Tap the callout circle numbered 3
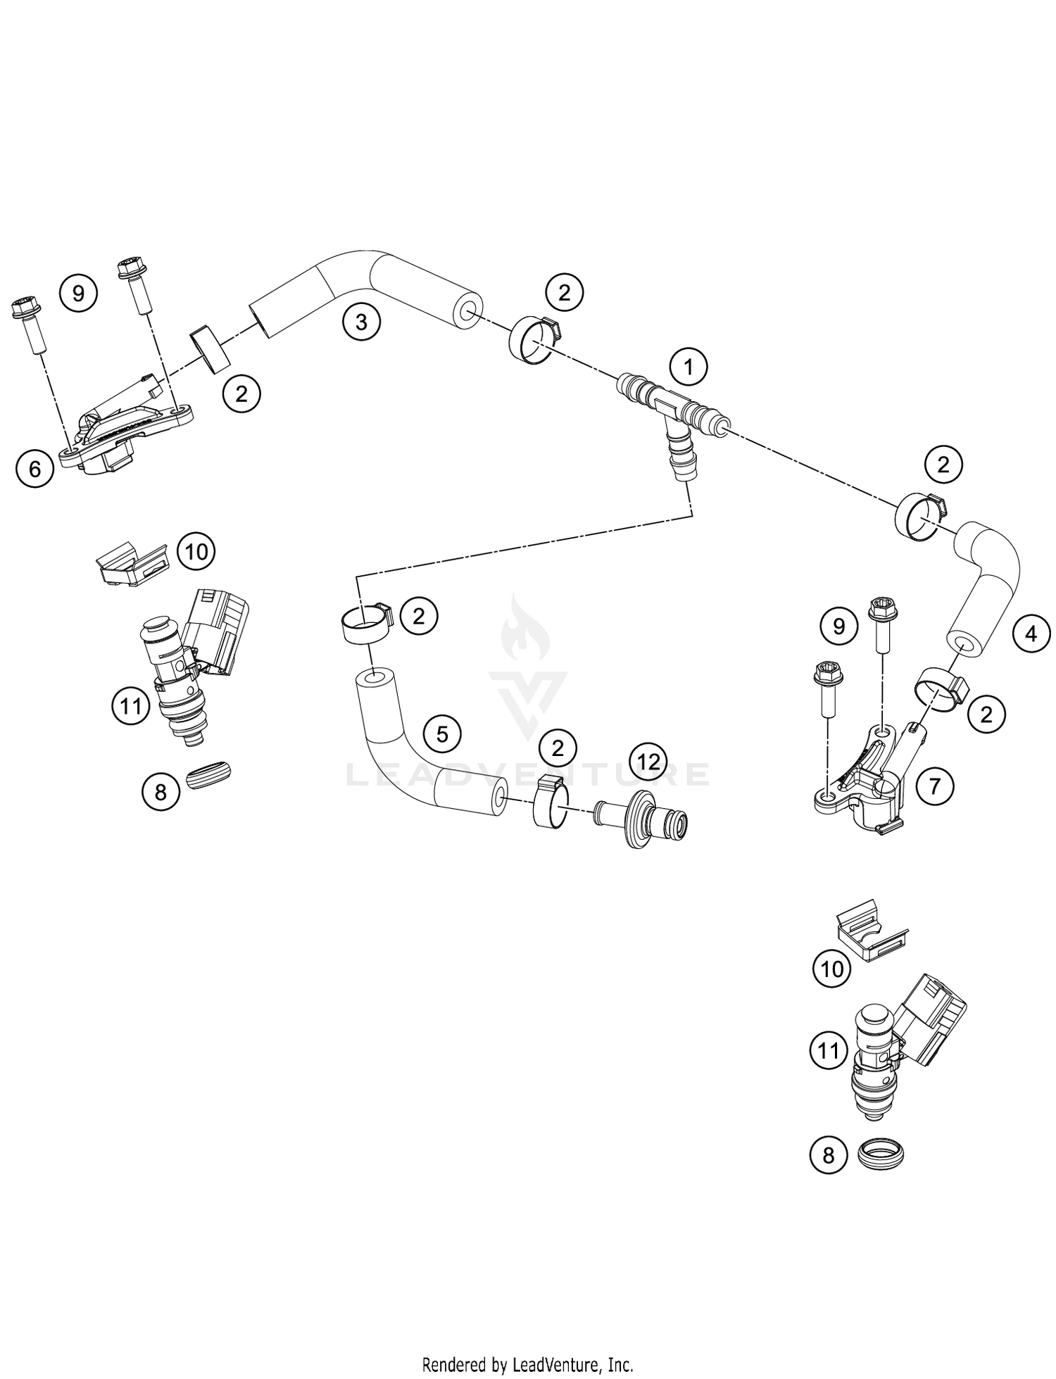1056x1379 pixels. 361,322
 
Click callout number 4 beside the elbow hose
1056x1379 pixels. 1030,634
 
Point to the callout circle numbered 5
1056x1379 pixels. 441,735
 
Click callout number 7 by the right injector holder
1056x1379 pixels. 934,785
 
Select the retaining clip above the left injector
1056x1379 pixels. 132,563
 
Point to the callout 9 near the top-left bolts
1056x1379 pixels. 78,292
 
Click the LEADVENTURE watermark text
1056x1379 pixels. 528,774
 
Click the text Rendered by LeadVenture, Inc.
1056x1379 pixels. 528,1364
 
